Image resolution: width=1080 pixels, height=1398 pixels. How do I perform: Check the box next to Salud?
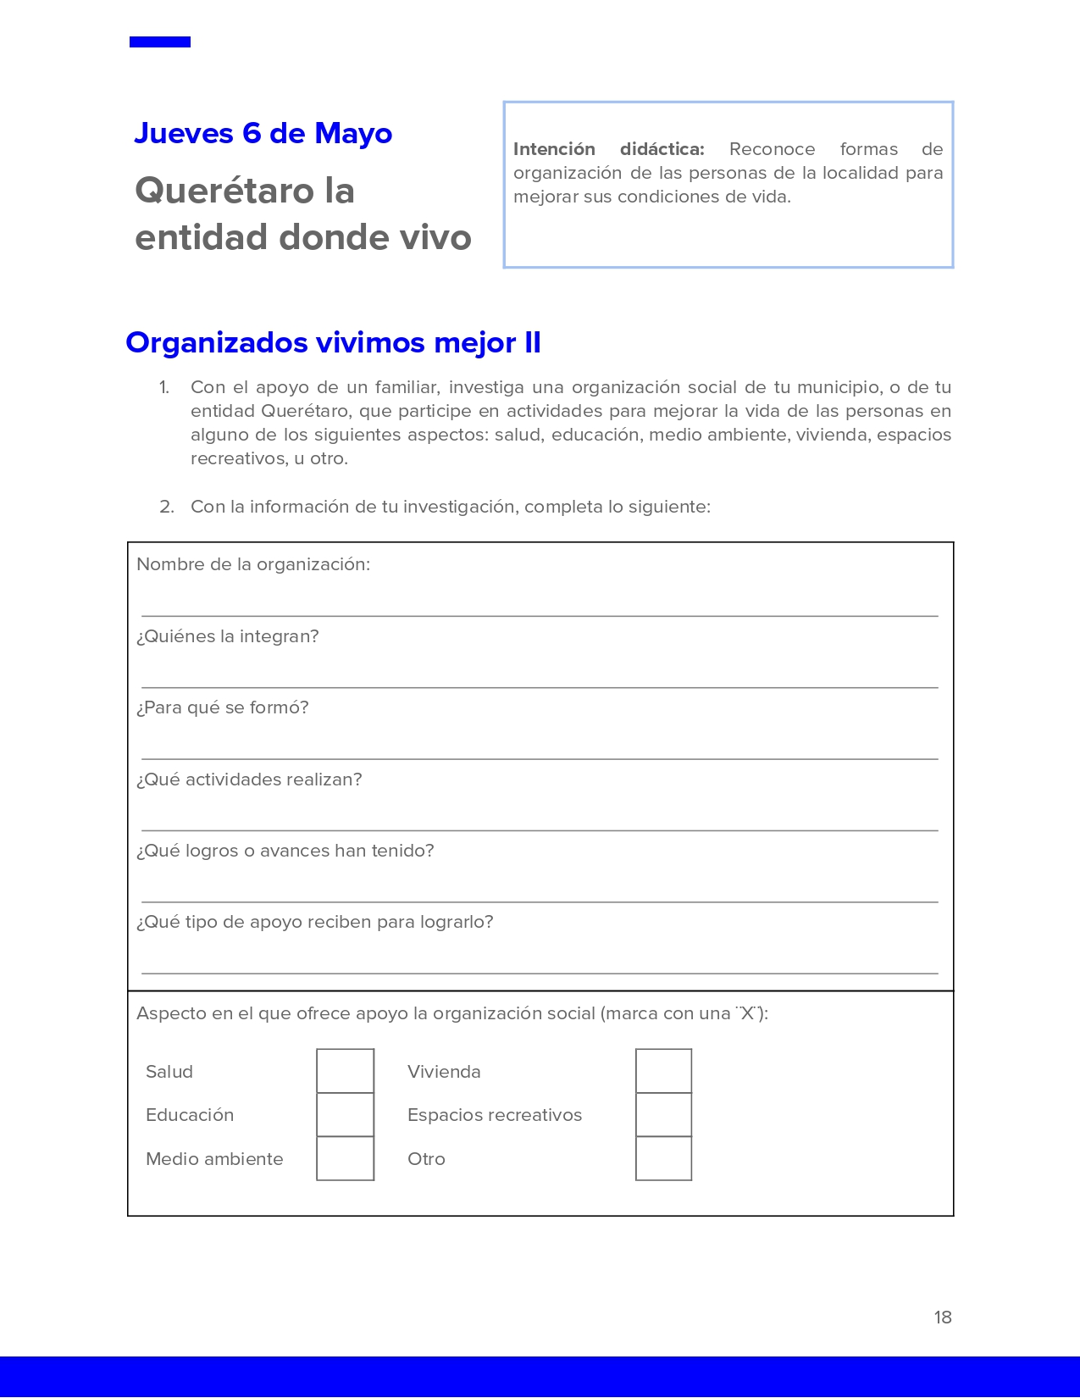345,1071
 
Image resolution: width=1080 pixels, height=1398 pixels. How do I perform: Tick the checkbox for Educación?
345,1115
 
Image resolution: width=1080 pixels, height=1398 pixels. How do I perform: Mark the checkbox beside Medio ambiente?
345,1158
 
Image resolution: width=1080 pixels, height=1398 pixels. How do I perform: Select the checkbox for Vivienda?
663,1071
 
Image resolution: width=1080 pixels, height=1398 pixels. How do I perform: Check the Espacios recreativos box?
663,1115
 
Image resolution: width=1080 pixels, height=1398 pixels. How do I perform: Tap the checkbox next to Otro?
663,1158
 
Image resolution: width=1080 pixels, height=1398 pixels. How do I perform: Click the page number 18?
943,1318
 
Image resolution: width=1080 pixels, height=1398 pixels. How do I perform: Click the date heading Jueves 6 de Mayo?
263,134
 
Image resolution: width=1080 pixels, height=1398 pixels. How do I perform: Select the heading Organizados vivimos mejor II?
333,342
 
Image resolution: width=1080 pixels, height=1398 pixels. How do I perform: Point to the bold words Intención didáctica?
608,149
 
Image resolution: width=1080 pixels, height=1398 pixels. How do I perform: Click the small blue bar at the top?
160,42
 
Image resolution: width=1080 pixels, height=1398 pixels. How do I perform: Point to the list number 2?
166,507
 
